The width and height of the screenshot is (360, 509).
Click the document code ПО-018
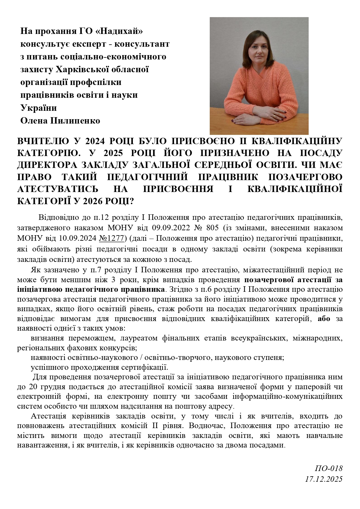[x=329, y=468]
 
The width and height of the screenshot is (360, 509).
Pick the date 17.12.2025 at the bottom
[x=324, y=479]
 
